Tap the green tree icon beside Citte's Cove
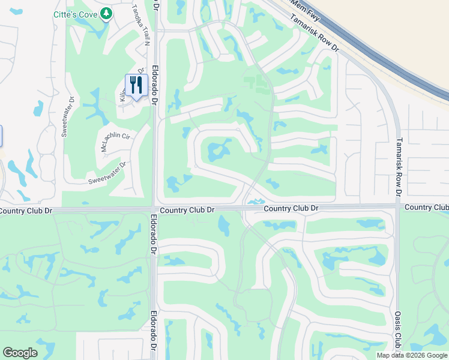click(106, 13)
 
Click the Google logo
click(20, 353)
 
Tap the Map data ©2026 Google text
click(412, 355)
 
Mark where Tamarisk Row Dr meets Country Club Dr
click(397, 207)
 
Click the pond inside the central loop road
click(217, 149)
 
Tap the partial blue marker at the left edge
click(1, 136)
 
